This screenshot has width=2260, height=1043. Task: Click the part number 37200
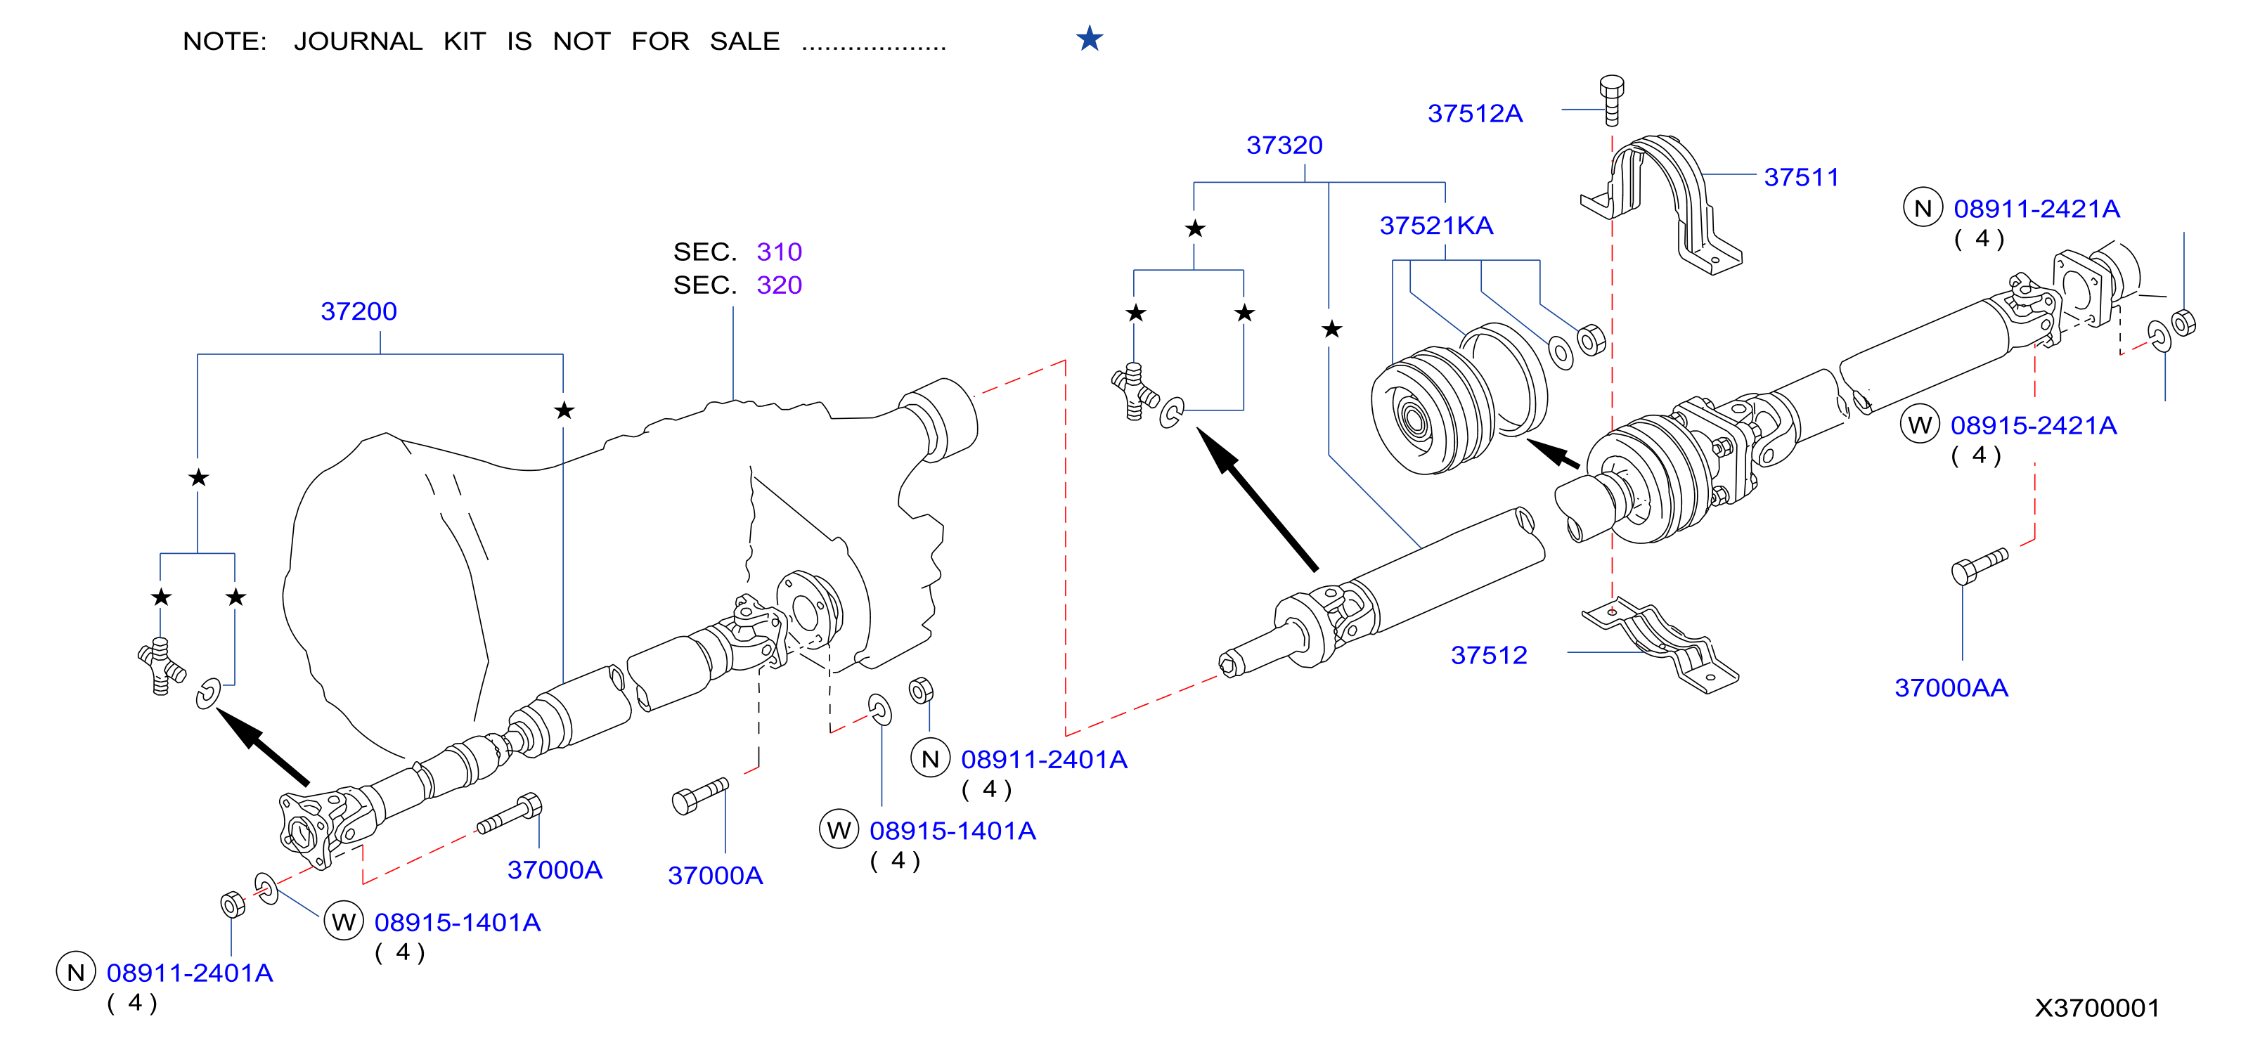click(x=358, y=311)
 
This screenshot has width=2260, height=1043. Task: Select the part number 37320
click(x=1284, y=145)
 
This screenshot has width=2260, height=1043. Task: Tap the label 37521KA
click(x=1436, y=226)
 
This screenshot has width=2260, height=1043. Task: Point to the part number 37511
click(x=1801, y=177)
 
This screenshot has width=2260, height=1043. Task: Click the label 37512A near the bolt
click(x=1475, y=114)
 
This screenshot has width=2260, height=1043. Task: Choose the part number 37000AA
click(x=1951, y=688)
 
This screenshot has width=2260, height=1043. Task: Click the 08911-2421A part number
click(x=2036, y=209)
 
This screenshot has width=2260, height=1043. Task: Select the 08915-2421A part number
click(x=2034, y=427)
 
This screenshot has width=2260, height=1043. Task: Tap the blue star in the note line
click(x=1089, y=39)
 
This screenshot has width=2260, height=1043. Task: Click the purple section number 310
click(x=779, y=252)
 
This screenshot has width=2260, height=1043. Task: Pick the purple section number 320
click(x=779, y=286)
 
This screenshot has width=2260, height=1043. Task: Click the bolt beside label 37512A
click(x=1612, y=101)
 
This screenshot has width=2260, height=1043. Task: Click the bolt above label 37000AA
click(x=1980, y=566)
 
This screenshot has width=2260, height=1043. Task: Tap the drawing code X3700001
click(x=2097, y=1008)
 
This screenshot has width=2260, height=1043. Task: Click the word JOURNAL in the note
click(x=358, y=42)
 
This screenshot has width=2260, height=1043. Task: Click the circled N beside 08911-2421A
click(x=1922, y=209)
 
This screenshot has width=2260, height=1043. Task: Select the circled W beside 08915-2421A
click(x=1920, y=425)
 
